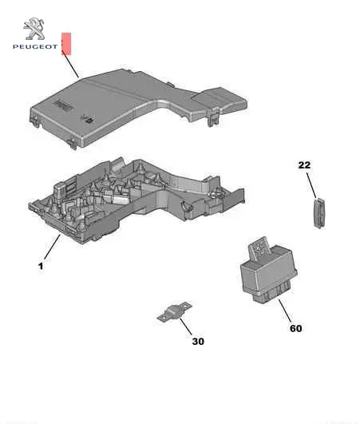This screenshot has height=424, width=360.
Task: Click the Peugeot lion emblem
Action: [34, 29]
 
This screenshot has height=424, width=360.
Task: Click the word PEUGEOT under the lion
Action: [35, 47]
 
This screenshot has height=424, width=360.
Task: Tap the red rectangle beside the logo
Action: [66, 44]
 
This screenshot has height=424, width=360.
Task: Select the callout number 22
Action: [304, 165]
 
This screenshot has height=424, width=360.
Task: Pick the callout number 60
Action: [296, 328]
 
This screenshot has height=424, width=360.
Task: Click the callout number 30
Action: [198, 341]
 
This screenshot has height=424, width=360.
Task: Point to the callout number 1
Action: [41, 267]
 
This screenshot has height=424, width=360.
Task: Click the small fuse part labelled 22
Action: [319, 213]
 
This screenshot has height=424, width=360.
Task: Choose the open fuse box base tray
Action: [136, 200]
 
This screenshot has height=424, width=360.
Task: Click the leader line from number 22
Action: [311, 185]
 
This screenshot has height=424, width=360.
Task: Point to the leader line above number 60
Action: [285, 311]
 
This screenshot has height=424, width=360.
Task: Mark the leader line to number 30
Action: [186, 327]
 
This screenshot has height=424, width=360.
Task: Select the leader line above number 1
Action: [52, 248]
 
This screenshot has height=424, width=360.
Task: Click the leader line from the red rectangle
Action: [70, 64]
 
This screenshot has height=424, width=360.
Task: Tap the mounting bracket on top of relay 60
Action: [259, 248]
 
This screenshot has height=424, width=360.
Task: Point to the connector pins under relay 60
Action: [271, 293]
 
